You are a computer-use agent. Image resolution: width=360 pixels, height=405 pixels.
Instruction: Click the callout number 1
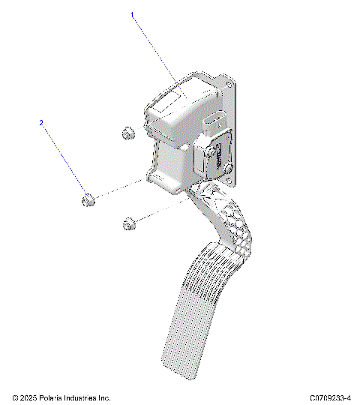coord(133,14)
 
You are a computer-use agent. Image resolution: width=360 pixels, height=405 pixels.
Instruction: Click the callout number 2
coord(42,121)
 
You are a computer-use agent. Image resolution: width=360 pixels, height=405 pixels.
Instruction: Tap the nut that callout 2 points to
coord(88,200)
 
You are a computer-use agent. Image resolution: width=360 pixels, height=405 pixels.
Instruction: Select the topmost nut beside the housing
coord(125,135)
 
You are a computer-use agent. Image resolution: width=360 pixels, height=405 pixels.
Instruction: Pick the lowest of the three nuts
coord(127,223)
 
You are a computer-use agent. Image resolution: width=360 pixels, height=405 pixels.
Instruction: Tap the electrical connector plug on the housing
coord(212,124)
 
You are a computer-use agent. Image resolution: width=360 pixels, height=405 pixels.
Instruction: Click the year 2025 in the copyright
coord(28,397)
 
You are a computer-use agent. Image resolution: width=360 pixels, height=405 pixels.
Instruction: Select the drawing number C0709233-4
coord(330,397)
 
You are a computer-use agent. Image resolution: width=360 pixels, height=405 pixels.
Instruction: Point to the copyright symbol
coord(15,397)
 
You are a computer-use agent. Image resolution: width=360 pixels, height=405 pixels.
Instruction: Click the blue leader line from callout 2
coord(64,157)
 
